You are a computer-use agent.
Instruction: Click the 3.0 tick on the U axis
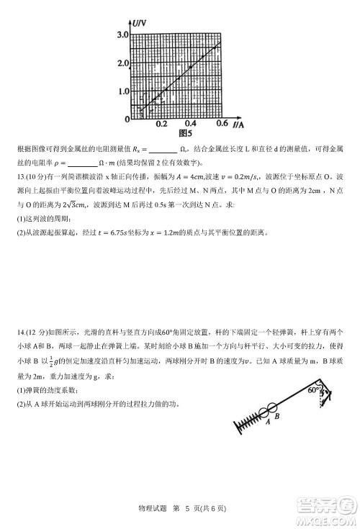[122, 35]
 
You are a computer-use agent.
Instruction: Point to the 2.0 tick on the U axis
[122, 63]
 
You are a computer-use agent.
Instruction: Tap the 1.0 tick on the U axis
[122, 91]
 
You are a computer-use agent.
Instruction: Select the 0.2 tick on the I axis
[162, 124]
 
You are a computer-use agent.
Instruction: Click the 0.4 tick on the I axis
[192, 124]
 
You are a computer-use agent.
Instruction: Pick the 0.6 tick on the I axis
[221, 124]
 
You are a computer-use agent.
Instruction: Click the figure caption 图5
[185, 132]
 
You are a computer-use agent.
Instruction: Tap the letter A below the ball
[266, 423]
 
